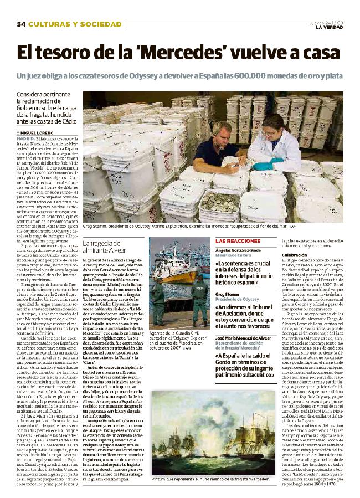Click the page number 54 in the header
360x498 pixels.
[x=22, y=24]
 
